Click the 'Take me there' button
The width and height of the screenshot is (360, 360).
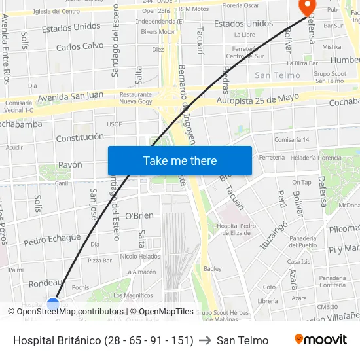[180, 160]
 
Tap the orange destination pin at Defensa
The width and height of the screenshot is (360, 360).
[306, 7]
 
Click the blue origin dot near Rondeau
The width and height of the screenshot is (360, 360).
[53, 304]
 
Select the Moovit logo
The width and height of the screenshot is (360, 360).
[321, 340]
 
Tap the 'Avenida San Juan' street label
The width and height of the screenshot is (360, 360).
[71, 96]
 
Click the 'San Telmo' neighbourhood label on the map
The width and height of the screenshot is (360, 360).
[277, 75]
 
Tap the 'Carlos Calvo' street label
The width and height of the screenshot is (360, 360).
[80, 46]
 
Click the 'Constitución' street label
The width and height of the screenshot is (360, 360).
[80, 137]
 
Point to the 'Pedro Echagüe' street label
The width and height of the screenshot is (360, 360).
[52, 240]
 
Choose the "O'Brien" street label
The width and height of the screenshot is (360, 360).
[139, 215]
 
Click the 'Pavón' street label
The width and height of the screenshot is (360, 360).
[70, 164]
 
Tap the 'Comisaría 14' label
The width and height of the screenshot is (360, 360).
[291, 140]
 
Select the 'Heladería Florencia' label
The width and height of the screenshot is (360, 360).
[316, 158]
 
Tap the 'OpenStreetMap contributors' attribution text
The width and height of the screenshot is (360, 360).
[70, 312]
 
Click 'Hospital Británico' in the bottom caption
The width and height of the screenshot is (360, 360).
[57, 340]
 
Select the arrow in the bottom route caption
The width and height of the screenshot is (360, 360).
[205, 340]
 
